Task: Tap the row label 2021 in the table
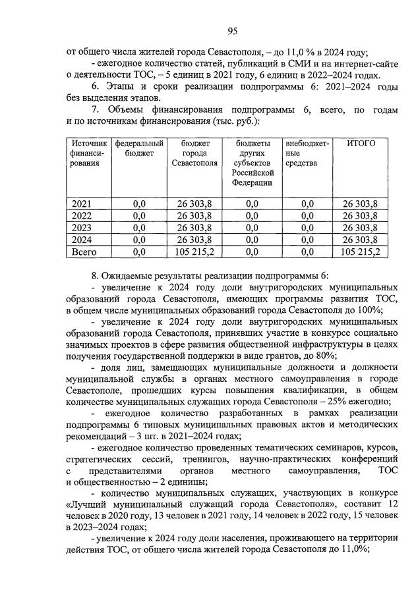[82, 204]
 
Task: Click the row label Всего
[84, 251]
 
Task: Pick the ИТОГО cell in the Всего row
[361, 251]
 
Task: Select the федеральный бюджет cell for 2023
[138, 228]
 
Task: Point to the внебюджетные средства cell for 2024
[307, 240]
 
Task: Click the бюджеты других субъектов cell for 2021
[252, 204]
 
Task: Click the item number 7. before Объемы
[96, 110]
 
